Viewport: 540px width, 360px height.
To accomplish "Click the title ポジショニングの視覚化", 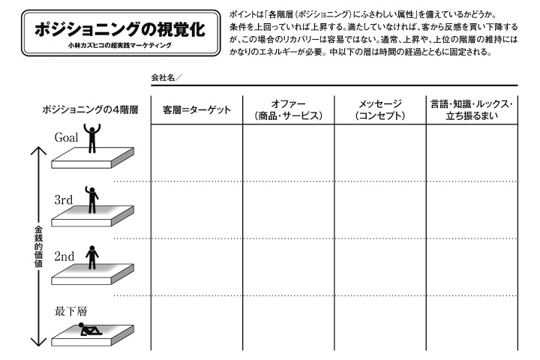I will (121, 30).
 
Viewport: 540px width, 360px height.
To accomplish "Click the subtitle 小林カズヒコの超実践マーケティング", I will (121, 46).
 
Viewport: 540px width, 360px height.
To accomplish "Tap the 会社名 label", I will (166, 77).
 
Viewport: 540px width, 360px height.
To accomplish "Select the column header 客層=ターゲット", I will (196, 110).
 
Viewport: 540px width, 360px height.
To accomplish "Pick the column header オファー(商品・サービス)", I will (288, 110).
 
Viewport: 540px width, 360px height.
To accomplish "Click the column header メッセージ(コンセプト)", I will (379, 110).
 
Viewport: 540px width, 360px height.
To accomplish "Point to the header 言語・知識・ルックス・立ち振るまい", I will (471, 110).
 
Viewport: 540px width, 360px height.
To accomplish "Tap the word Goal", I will (67, 138).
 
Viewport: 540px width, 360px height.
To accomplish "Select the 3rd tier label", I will (64, 201).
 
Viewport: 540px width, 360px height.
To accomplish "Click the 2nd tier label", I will (64, 256).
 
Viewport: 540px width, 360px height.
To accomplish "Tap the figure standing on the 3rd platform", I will (91, 198).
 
